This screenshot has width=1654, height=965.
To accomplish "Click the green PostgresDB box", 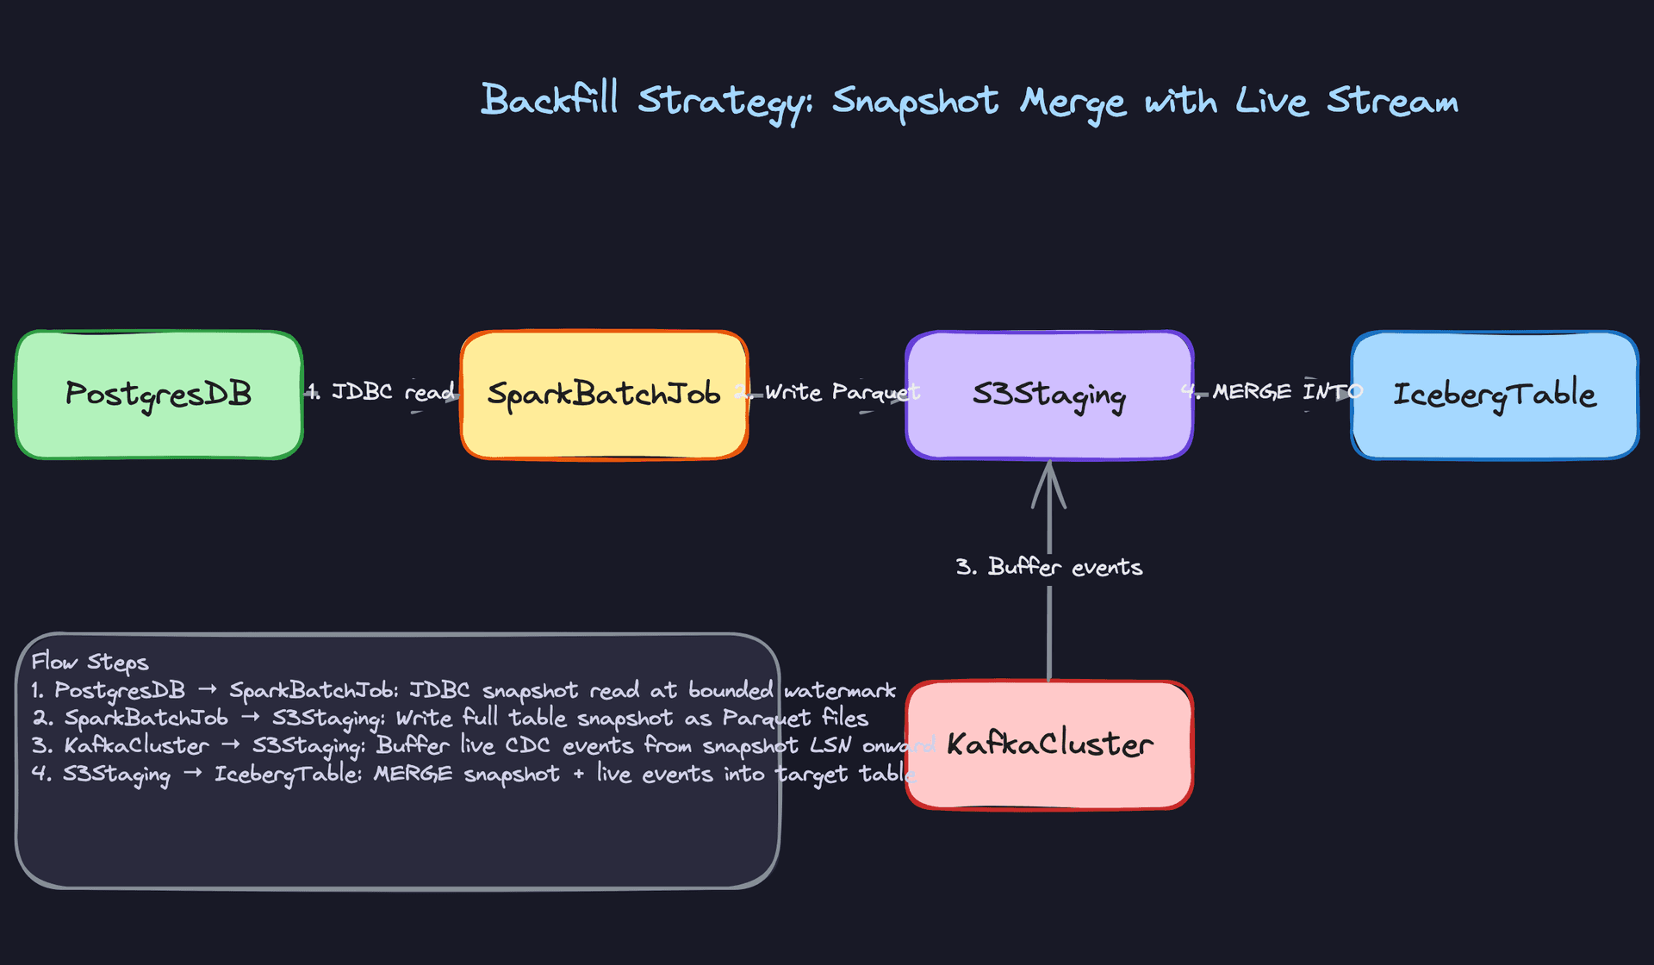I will tap(159, 395).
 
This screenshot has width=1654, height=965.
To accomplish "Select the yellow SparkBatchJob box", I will tap(603, 395).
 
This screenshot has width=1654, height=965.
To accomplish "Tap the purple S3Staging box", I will tap(1048, 395).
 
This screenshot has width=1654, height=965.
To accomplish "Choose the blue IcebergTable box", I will tap(1494, 395).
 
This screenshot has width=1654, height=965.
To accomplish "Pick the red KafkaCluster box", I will tap(1048, 744).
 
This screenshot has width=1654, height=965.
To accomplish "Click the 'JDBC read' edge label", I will tap(393, 392).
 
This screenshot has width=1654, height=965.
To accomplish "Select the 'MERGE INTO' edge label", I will tap(1287, 392).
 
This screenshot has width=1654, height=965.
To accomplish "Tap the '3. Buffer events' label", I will tap(1048, 567).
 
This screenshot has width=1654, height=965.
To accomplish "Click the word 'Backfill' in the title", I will tap(550, 100).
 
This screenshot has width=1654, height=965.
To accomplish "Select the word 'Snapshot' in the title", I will tap(915, 102).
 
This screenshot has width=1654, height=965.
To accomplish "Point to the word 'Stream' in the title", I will tap(1392, 102).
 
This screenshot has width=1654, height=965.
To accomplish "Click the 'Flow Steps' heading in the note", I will tap(90, 662).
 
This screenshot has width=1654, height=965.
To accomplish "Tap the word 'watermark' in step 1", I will tap(839, 690).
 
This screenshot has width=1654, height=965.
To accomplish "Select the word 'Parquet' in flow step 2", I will tap(766, 719).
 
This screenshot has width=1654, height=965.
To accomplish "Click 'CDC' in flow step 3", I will tap(526, 746).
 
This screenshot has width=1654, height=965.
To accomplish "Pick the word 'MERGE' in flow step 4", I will tap(412, 774).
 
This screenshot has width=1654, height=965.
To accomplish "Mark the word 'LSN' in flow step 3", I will tap(830, 746).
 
